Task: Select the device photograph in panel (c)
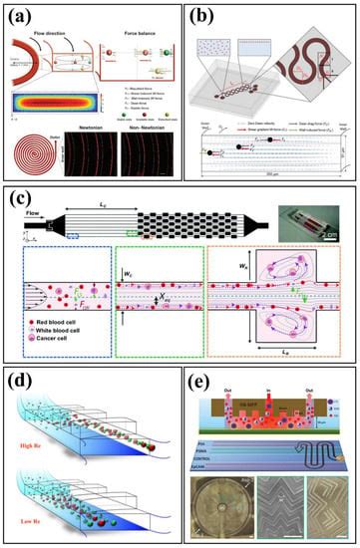pos(324,215)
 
